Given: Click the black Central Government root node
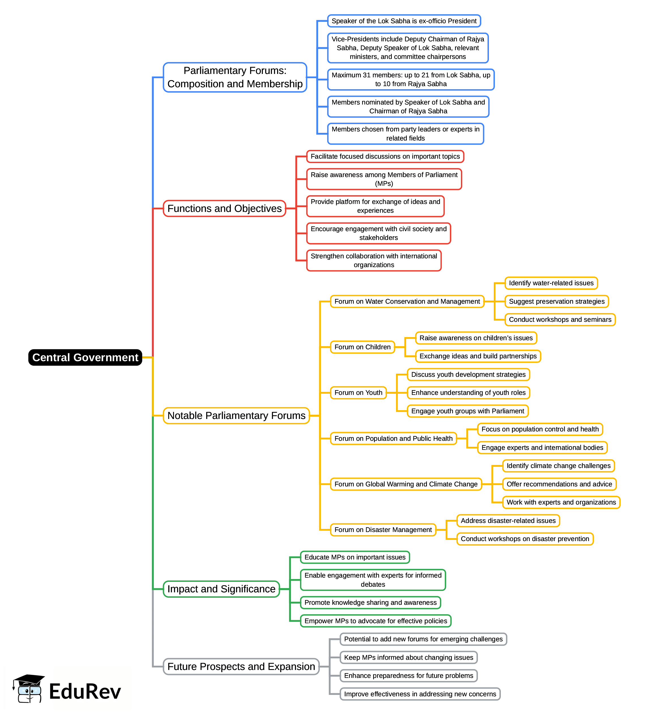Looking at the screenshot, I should pos(85,357).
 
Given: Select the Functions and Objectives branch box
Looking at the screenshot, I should pos(224,208).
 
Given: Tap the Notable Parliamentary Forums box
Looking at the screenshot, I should pos(236,416).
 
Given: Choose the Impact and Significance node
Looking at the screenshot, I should pos(221,589).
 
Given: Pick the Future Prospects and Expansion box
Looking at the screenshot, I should pos(241,667).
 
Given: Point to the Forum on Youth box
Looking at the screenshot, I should pos(358,393).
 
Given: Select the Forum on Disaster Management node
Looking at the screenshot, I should pos(383,530).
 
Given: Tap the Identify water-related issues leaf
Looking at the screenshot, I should pos(551,283).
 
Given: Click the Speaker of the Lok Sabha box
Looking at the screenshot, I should pos(404,21).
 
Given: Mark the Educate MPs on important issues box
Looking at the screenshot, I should pos(355,557).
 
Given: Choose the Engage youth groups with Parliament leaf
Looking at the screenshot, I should pos(467,411).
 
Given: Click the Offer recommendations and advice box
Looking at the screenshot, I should pos(559,484).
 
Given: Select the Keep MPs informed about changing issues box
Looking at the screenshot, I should pos(408,657).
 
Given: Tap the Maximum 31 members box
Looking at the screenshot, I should pos(411,79).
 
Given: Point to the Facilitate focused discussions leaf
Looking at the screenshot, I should pos(385,156).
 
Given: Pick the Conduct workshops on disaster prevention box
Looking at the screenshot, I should pos(525,539).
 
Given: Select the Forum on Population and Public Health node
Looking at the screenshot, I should pos(393,439).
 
